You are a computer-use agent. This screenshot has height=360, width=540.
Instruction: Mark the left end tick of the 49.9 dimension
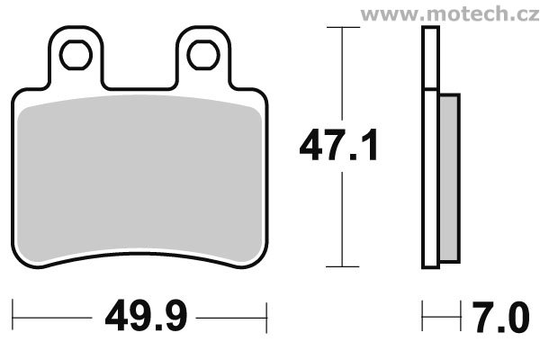15,318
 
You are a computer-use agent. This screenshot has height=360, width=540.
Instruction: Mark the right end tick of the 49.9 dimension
268,318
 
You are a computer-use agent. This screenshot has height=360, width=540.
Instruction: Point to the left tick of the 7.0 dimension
423,318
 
